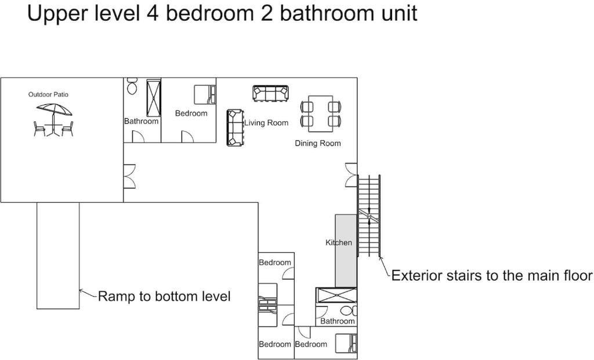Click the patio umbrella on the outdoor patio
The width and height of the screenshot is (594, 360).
(54, 110)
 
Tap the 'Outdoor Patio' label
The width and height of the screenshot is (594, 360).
(48, 94)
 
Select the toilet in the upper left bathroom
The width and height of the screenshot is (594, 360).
(132, 86)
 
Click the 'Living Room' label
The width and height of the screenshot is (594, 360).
(266, 123)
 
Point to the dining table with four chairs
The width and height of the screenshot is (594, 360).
(320, 114)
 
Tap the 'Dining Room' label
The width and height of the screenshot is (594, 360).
(318, 143)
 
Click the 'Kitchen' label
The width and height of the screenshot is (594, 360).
(339, 243)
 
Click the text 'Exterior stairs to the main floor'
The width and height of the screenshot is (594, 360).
(492, 275)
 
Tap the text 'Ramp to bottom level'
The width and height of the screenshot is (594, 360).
(164, 296)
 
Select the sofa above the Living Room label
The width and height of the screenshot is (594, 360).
(270, 93)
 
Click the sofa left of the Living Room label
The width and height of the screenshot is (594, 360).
(235, 128)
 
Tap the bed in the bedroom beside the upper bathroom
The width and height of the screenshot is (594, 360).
(205, 94)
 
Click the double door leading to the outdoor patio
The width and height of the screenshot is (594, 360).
(129, 176)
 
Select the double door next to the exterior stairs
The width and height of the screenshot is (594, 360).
(351, 175)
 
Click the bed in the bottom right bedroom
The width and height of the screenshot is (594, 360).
(346, 343)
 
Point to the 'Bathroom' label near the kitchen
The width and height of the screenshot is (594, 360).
(338, 321)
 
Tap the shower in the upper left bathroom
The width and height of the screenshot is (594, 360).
(153, 98)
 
